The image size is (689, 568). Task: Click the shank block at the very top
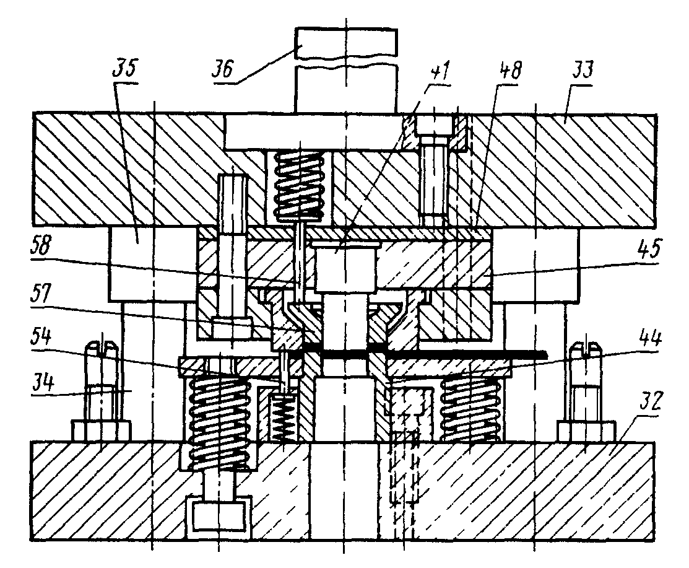coord(345,68)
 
